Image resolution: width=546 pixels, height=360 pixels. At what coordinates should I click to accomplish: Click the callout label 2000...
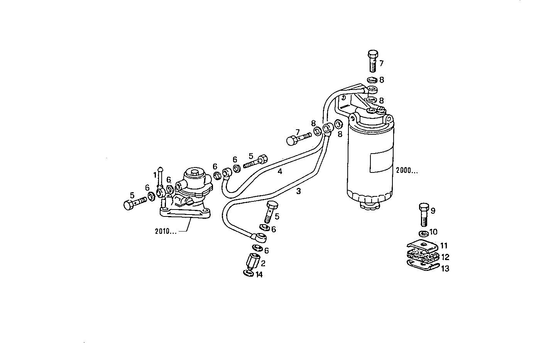tap(406, 171)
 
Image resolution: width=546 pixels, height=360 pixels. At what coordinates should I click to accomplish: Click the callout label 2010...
tap(166, 232)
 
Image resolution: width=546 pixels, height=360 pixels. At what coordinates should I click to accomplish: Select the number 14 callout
tap(259, 275)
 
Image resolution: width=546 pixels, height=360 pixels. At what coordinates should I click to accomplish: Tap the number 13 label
tap(445, 269)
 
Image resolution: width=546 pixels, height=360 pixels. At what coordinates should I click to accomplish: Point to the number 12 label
tap(445, 257)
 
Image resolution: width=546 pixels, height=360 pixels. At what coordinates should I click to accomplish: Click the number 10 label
tap(433, 232)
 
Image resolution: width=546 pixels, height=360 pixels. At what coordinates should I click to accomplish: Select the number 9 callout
tap(433, 211)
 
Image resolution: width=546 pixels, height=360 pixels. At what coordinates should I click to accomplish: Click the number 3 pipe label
tap(298, 191)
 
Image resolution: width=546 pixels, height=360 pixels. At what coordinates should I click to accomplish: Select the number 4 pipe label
tap(280, 171)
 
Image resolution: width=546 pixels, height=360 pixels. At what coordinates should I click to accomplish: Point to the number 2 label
tap(263, 264)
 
